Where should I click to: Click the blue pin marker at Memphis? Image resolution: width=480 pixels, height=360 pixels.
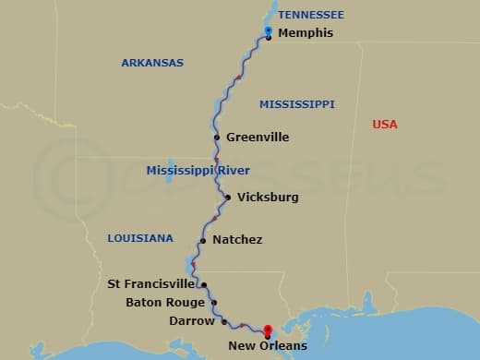pyautogui.click(x=268, y=31)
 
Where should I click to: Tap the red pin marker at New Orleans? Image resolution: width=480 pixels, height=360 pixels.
pyautogui.click(x=268, y=330)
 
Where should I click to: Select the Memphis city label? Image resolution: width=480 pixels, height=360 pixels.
pyautogui.click(x=304, y=33)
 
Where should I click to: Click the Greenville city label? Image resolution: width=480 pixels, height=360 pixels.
pyautogui.click(x=258, y=138)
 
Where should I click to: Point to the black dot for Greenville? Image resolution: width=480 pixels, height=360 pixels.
pyautogui.click(x=217, y=138)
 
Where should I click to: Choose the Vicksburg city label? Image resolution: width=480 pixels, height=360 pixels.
pyautogui.click(x=268, y=197)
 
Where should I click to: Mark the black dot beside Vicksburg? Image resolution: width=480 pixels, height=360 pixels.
pyautogui.click(x=228, y=197)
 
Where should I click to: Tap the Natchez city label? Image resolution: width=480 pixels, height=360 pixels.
pyautogui.click(x=237, y=240)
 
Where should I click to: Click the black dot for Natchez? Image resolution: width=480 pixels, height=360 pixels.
pyautogui.click(x=202, y=241)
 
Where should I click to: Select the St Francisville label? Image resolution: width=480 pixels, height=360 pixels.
pyautogui.click(x=151, y=284)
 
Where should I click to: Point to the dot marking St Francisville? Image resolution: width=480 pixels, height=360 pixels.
pyautogui.click(x=204, y=285)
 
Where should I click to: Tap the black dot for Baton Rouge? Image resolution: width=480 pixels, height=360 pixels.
pyautogui.click(x=214, y=302)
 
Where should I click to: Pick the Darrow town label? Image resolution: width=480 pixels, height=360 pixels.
pyautogui.click(x=191, y=321)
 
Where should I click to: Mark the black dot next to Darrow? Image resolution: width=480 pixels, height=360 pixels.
pyautogui.click(x=224, y=321)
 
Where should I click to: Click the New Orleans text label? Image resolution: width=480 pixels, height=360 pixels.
pyautogui.click(x=268, y=346)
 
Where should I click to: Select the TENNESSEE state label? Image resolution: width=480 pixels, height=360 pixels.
pyautogui.click(x=311, y=15)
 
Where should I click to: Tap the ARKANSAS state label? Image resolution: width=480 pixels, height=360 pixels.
pyautogui.click(x=152, y=63)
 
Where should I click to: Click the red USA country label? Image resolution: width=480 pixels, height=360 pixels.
pyautogui.click(x=384, y=124)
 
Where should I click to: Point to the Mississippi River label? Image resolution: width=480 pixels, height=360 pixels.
pyautogui.click(x=198, y=171)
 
